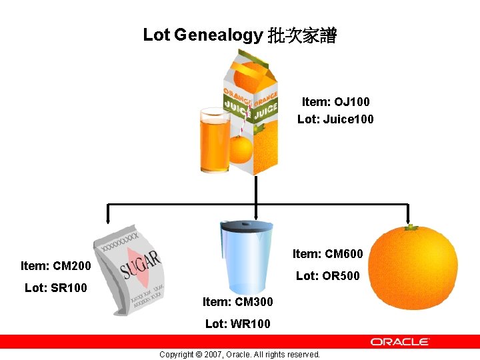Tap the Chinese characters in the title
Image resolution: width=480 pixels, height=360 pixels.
point(302,35)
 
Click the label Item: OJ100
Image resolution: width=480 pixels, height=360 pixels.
point(335,102)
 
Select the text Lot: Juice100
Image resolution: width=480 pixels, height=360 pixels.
point(335,119)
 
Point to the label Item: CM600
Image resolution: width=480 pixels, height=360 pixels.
point(327,253)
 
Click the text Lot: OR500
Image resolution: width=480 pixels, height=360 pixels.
point(327,275)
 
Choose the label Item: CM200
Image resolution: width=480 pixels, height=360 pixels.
point(56,266)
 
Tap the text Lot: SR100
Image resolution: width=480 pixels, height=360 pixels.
point(55,288)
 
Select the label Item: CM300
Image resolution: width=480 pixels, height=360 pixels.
point(237,302)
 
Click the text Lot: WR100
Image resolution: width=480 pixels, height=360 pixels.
point(237,324)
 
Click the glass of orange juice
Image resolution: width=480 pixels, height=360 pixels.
point(215,140)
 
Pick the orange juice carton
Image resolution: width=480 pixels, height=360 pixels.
point(253,113)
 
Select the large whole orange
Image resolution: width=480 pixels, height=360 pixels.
point(413,267)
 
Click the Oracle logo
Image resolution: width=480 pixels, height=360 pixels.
point(400,341)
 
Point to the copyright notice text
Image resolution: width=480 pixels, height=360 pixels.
point(239,354)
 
